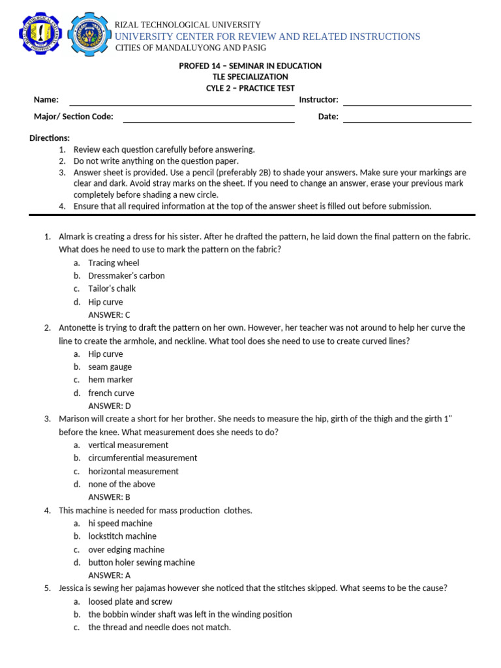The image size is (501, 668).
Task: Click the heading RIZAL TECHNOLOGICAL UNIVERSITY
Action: (x=188, y=25)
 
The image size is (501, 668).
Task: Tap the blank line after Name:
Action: (x=181, y=100)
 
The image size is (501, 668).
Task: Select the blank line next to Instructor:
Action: (x=406, y=100)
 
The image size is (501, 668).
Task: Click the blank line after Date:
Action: (x=406, y=117)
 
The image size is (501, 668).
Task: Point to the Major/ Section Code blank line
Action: (x=209, y=117)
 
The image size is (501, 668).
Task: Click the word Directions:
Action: (x=50, y=138)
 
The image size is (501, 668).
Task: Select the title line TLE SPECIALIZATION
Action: (x=250, y=77)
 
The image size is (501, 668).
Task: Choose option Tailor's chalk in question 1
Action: (x=112, y=288)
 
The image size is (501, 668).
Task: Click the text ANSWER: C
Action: (x=110, y=314)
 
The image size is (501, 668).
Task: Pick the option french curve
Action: (x=111, y=393)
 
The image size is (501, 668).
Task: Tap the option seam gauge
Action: (x=110, y=367)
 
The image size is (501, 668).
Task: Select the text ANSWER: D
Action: (x=110, y=406)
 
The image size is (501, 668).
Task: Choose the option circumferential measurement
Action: (x=142, y=458)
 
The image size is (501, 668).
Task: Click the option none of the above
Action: (x=121, y=484)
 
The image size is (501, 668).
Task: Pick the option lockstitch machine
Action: (x=122, y=536)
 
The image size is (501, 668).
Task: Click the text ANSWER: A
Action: (x=110, y=575)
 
